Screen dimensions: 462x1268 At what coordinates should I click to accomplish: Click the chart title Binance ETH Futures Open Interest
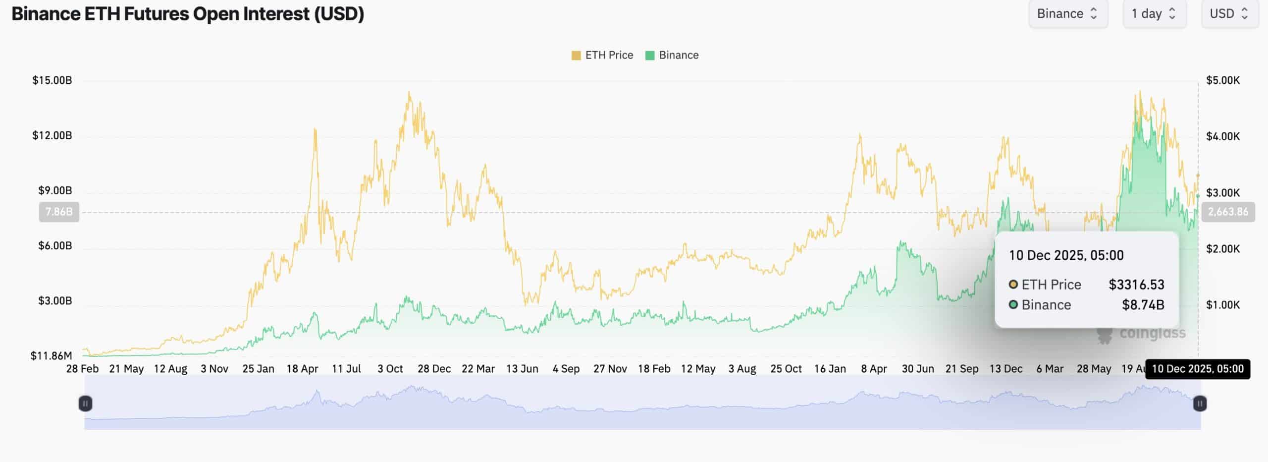188,14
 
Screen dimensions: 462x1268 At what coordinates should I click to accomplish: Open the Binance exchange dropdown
1067,14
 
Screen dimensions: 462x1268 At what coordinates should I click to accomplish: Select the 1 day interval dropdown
1154,14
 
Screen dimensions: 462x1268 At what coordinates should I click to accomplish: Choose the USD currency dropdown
1229,14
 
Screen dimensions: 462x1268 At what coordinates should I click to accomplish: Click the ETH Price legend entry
602,55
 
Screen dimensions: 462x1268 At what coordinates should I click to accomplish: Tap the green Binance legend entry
672,55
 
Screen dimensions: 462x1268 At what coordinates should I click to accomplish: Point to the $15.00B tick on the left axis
52,80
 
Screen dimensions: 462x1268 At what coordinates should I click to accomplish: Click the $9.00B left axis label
55,190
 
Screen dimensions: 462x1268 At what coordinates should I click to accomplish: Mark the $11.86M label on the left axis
51,355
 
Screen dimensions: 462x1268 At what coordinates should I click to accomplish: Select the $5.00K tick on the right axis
1223,80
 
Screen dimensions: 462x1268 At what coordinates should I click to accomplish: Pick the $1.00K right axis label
1223,305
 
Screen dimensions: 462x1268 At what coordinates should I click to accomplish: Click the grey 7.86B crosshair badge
59,212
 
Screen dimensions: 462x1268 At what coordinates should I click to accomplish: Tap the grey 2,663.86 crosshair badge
1228,212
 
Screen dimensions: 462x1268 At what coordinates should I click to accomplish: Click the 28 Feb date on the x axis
82,369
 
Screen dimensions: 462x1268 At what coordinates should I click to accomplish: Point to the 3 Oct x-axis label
390,369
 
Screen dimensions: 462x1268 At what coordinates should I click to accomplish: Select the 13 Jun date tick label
522,369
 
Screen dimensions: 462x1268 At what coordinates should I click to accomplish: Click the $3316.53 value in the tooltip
1136,285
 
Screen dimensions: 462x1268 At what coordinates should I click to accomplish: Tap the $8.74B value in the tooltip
1143,305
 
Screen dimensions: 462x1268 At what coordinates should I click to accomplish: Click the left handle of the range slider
85,404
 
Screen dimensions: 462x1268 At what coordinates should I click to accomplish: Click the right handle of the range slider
1200,404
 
